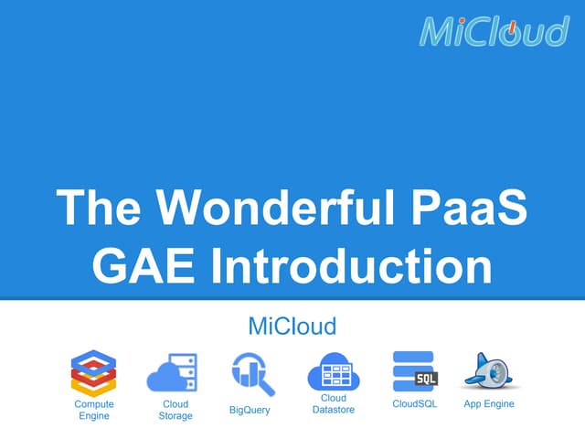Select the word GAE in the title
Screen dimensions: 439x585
144,266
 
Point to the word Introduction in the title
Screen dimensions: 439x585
351,266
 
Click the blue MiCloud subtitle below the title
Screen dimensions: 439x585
292,325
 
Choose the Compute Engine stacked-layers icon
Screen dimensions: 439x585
94,372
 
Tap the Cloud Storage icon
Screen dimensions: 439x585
172,372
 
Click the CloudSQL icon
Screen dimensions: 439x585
412,370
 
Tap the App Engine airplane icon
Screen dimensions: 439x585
488,370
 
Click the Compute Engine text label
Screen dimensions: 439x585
94,410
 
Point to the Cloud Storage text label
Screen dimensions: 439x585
175,410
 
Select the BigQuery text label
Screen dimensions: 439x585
250,410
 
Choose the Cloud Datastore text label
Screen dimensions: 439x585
333,404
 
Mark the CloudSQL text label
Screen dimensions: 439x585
413,403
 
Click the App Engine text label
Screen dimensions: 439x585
489,403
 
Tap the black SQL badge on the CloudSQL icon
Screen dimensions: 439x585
425,379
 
